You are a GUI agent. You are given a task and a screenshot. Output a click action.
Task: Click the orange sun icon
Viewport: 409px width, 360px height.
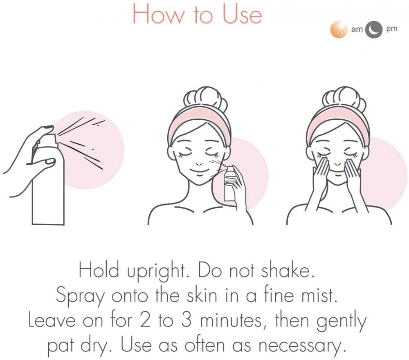coord(339,30)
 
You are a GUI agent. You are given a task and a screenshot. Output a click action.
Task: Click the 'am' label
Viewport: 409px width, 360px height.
coord(357,29)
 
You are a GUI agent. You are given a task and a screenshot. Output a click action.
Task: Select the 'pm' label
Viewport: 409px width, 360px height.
coord(392,29)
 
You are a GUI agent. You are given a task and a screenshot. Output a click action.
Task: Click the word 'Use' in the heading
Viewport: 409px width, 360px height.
coord(242,15)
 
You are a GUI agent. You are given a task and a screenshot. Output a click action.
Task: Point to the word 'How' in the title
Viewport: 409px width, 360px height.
coord(159,15)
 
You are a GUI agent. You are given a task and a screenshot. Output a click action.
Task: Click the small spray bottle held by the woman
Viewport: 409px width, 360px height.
coord(229,184)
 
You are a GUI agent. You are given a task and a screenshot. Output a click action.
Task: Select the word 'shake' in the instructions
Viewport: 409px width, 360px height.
coord(288,271)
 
